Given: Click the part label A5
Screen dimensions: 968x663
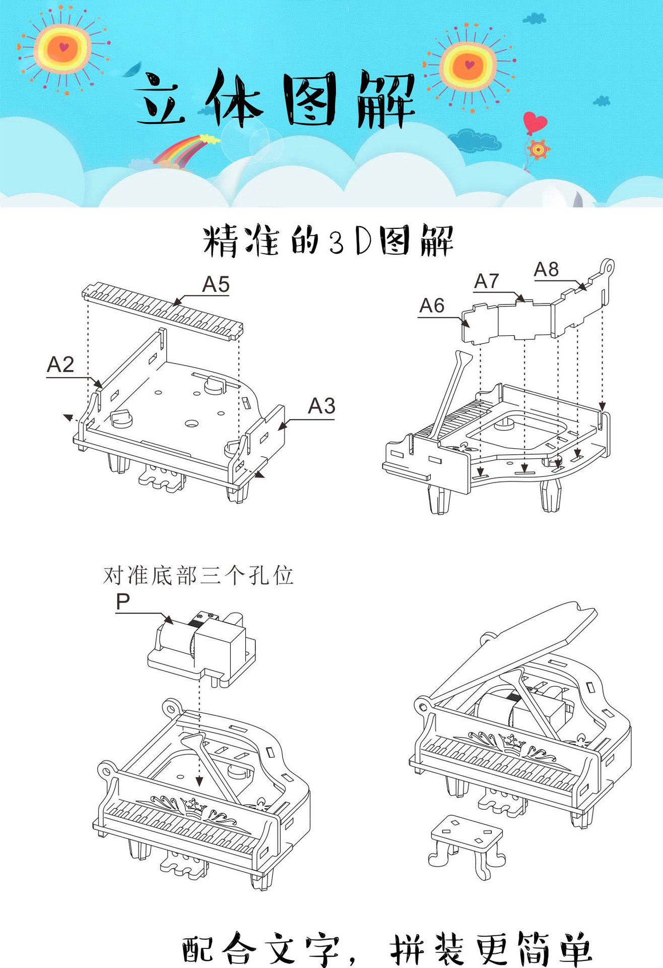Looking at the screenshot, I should [x=216, y=284].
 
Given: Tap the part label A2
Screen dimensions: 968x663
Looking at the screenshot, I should [x=60, y=365].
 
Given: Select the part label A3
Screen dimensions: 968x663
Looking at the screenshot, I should [x=321, y=406].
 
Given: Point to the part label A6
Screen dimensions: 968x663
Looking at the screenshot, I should [x=432, y=306].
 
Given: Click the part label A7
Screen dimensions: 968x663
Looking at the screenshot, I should [x=487, y=281].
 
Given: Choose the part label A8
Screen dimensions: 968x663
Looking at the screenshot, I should [x=547, y=270].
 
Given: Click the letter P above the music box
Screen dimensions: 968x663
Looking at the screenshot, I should [x=123, y=601].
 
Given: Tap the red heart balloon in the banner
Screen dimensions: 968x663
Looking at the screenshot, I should [x=535, y=122].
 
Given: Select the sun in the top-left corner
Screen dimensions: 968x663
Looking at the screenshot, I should [x=63, y=49].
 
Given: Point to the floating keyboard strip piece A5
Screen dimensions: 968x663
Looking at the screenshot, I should [x=162, y=311].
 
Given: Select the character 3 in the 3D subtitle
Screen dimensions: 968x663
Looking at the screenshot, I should [x=336, y=241].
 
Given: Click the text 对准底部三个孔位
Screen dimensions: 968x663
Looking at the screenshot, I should [x=198, y=575].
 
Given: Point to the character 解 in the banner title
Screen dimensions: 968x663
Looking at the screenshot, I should [x=386, y=99].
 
